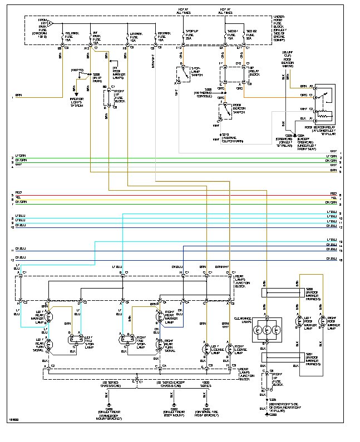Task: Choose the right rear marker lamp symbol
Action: tap(157, 317)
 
